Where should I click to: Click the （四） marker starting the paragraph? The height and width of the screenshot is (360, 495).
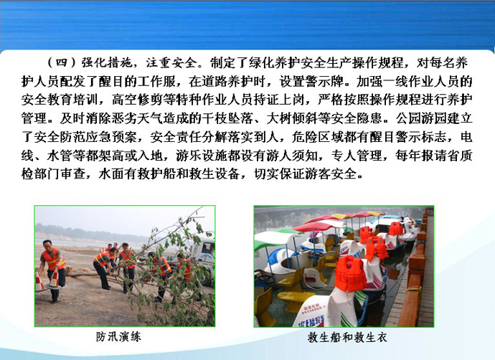pyautogui.click(x=62, y=63)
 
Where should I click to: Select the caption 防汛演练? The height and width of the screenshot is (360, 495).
pyautogui.click(x=118, y=337)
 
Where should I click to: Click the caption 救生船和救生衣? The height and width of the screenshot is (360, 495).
pyautogui.click(x=347, y=338)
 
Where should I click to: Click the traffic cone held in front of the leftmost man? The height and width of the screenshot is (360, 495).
pyautogui.click(x=55, y=278)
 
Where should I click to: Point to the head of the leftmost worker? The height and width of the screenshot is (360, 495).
pyautogui.click(x=47, y=245)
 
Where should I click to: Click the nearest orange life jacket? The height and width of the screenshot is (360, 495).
pyautogui.click(x=349, y=274)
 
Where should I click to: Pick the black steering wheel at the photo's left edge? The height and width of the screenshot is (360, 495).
pyautogui.click(x=265, y=278)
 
